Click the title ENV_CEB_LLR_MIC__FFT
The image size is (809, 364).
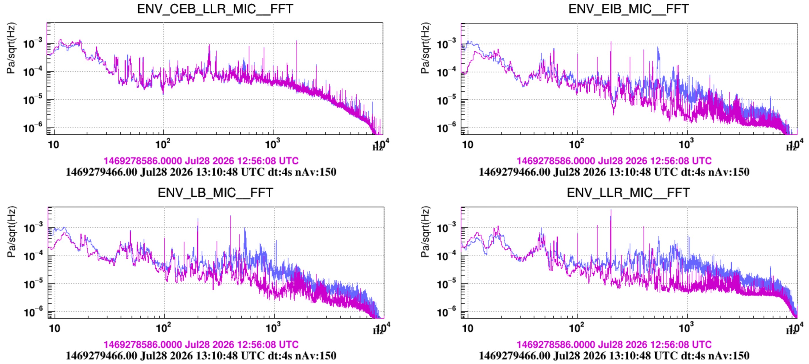pos(215,9)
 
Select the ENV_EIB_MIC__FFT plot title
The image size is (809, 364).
pos(629,9)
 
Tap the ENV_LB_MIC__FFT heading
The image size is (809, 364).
pos(215,192)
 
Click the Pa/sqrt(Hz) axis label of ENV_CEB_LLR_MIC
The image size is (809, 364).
pos(11,48)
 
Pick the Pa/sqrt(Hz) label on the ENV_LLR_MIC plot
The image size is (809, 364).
pos(425,232)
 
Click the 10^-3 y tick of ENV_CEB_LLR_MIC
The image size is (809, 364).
pos(33,43)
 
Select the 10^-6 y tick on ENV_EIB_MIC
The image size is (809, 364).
pos(446,127)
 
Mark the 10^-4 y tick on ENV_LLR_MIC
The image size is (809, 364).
pos(446,255)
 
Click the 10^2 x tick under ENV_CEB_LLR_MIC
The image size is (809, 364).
pos(163,144)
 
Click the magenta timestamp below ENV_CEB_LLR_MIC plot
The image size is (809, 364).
pos(201,161)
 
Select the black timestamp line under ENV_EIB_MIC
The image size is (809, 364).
pos(614,172)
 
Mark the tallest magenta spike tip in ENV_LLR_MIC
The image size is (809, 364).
pos(611,209)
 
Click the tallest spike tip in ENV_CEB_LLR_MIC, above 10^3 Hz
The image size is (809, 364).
pos(296,40)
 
